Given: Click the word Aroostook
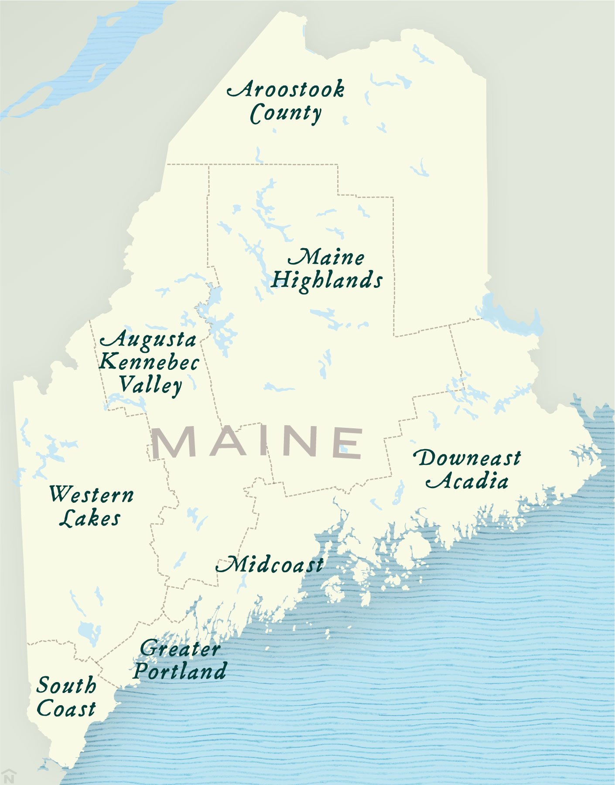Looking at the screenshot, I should [286, 89].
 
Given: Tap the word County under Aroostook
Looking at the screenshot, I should [286, 113].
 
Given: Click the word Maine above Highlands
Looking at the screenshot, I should [326, 257].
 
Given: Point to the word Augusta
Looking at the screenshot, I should [148, 340].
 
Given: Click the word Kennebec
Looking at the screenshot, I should [149, 362].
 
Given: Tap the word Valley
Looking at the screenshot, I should [150, 385].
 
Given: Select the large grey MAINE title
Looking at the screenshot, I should [257, 442].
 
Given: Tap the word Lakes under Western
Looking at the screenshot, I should [90, 518].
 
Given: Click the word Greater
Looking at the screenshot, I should [180, 648].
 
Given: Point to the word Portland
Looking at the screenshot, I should [180, 671].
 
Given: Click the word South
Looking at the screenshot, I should [66, 685].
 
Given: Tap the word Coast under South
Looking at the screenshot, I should [66, 708].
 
